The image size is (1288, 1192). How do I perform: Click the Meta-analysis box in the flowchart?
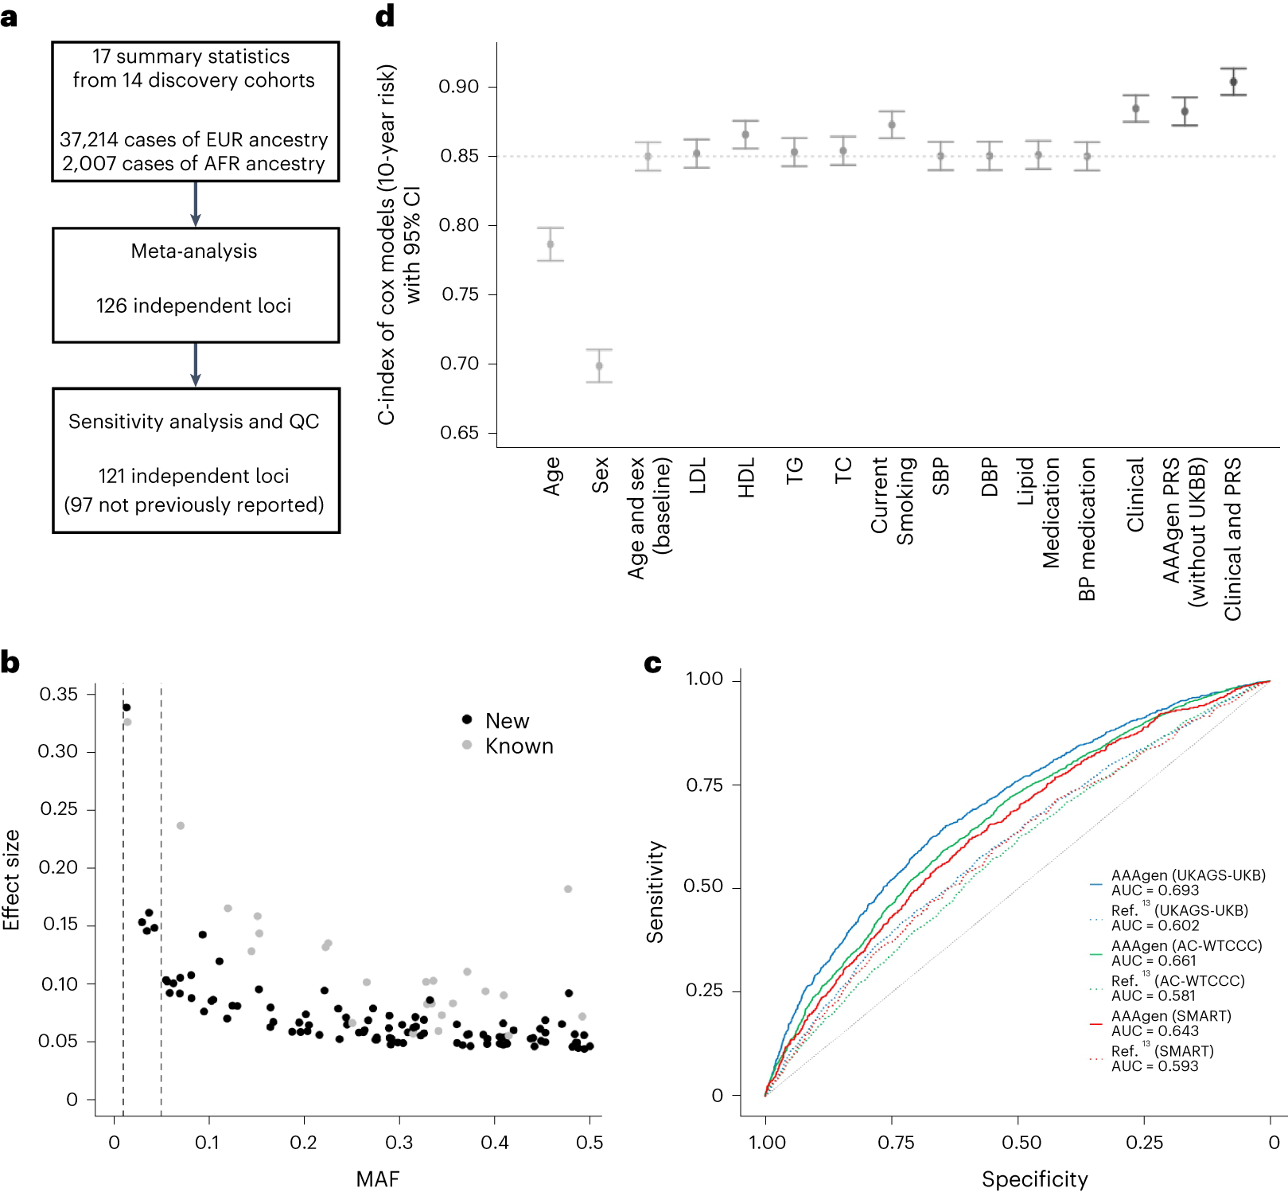click(195, 285)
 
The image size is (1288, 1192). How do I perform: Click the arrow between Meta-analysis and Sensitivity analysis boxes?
click(195, 364)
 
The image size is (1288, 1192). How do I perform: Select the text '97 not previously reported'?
click(194, 504)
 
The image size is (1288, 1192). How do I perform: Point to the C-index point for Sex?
click(599, 366)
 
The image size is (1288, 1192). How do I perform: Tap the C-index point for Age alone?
click(551, 244)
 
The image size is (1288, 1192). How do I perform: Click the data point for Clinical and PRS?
click(1233, 82)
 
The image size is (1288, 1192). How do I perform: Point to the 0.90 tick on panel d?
click(460, 87)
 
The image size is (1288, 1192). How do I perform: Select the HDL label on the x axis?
click(746, 477)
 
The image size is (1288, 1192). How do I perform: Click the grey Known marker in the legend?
click(467, 745)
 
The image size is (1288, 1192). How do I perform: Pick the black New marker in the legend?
click(467, 719)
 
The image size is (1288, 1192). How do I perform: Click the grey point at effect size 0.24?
click(181, 825)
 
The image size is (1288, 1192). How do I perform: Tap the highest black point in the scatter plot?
click(126, 707)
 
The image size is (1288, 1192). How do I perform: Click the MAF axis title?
click(377, 1178)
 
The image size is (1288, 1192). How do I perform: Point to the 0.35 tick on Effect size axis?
click(59, 694)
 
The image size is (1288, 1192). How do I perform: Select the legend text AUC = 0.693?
click(1154, 890)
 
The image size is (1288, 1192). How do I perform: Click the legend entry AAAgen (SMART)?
click(1170, 1016)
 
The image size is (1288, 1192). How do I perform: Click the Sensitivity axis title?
click(655, 891)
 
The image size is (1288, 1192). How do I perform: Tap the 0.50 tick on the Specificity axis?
click(1021, 1143)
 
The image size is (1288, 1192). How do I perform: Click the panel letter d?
click(385, 16)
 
